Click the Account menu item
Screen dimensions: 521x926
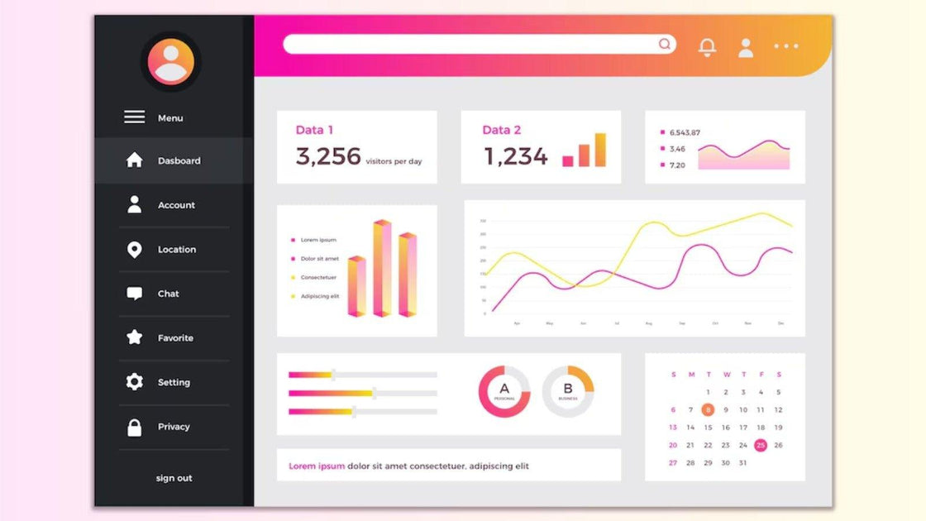(176, 205)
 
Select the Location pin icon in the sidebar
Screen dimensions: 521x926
(134, 250)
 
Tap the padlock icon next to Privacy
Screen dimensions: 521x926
(134, 428)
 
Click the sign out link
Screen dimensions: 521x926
(174, 478)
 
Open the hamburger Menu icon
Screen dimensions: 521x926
(134, 117)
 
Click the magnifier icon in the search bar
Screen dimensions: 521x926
(665, 44)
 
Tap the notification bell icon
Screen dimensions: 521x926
(708, 47)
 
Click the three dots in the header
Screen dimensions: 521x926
(786, 46)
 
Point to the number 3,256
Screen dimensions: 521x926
(328, 156)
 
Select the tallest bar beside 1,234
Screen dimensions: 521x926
(600, 150)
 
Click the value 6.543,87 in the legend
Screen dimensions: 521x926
(685, 132)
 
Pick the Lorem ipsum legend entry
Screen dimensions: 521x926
(318, 240)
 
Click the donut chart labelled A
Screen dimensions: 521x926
(504, 391)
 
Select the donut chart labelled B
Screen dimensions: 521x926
(568, 391)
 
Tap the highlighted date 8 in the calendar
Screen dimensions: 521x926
(708, 409)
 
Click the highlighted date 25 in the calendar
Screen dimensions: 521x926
(761, 445)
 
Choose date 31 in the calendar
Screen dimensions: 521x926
(742, 463)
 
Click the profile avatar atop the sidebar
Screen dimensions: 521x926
(171, 62)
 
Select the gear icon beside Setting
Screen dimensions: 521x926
(134, 382)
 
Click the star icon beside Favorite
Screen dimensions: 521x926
(134, 337)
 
